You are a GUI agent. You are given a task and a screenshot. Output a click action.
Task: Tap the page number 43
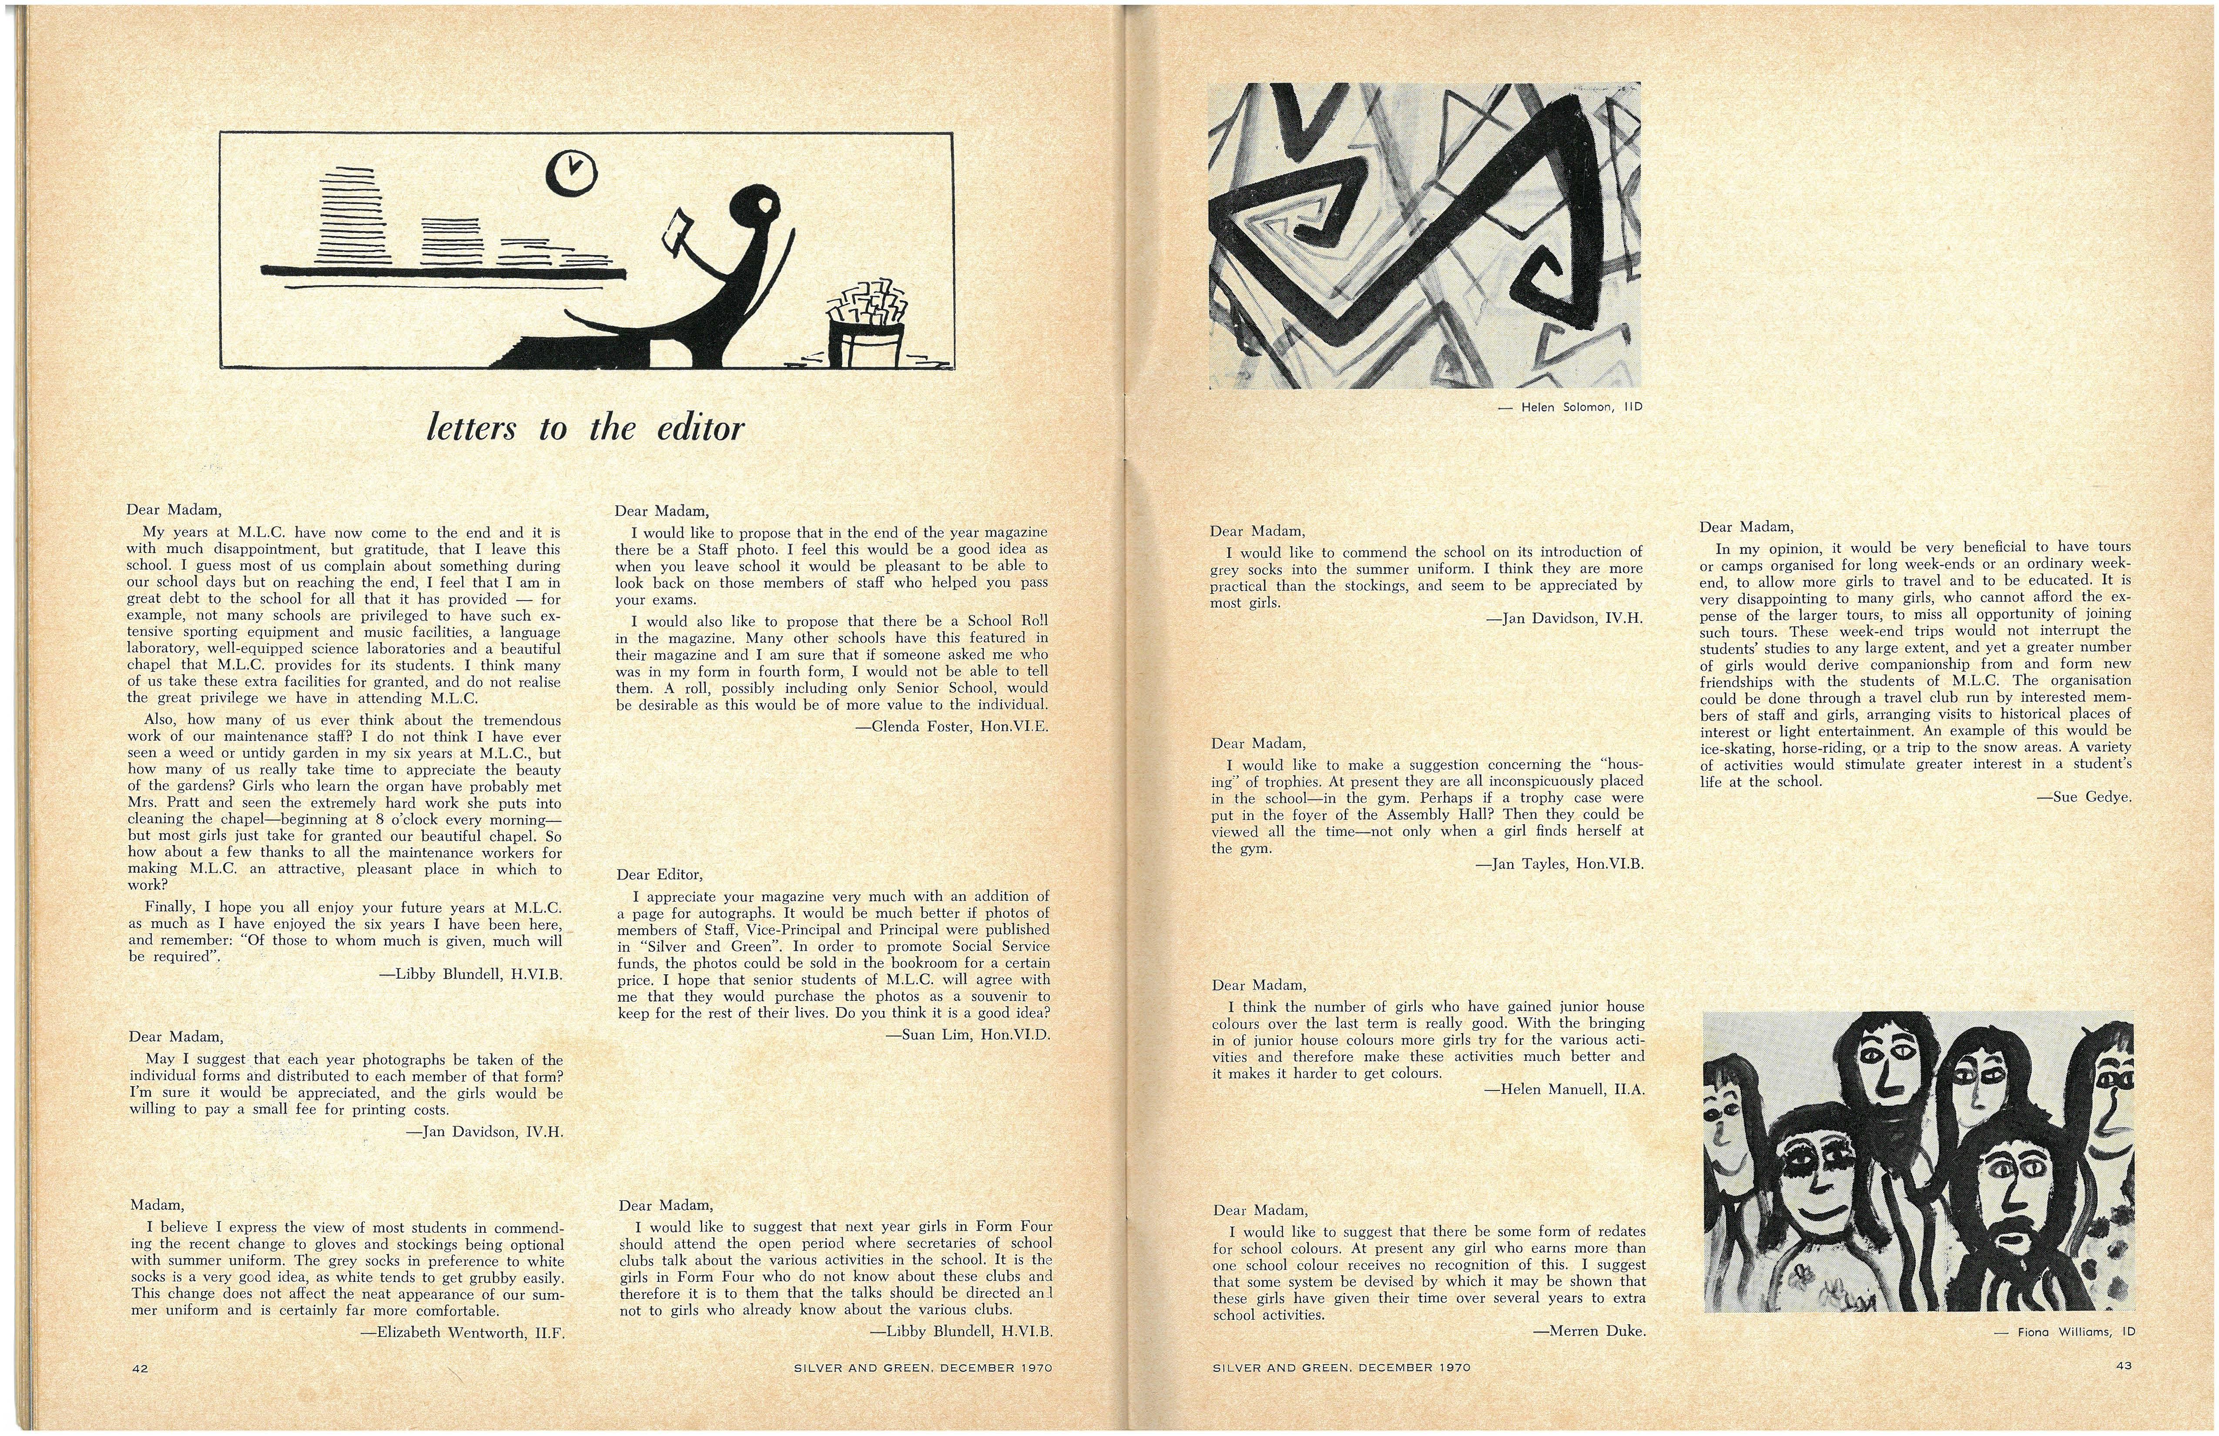point(2124,1366)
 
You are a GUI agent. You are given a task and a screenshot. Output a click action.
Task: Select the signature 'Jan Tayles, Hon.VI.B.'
point(1559,864)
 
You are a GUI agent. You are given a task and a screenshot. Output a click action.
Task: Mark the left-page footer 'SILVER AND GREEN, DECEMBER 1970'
point(922,1368)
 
